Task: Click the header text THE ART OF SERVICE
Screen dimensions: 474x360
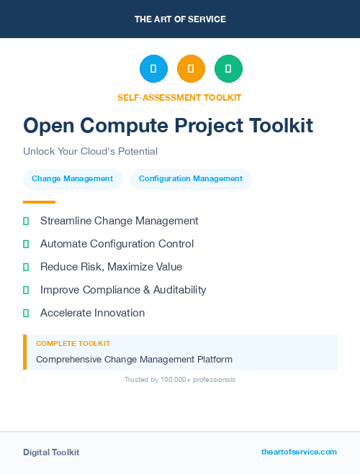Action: coord(180,19)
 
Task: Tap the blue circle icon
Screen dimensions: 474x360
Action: coord(153,69)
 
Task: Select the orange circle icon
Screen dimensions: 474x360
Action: coord(191,69)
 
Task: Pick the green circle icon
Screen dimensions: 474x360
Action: coord(228,69)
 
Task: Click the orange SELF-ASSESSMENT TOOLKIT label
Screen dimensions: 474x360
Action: coord(180,97)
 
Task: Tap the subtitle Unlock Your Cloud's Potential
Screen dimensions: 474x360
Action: coord(90,151)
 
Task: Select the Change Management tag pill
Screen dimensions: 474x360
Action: coord(72,179)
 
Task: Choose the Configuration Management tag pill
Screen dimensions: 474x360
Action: coord(191,179)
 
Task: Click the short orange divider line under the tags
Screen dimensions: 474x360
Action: coord(39,202)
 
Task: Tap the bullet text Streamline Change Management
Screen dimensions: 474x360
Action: coord(119,221)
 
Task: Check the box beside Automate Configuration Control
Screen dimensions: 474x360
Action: coord(26,245)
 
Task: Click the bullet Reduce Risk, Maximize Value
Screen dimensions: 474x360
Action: coord(111,267)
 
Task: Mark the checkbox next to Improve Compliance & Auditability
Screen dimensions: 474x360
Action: coord(26,291)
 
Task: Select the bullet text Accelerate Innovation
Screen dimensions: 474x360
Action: coord(92,313)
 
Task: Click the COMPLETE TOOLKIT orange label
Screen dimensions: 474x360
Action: coord(73,344)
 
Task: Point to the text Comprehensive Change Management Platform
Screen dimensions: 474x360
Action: coord(134,359)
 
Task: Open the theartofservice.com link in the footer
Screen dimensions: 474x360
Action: coord(299,452)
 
